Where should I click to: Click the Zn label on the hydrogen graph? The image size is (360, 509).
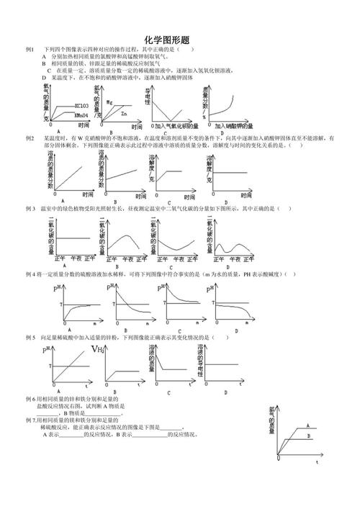(125, 113)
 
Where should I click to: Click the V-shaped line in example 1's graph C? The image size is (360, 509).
(166, 112)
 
